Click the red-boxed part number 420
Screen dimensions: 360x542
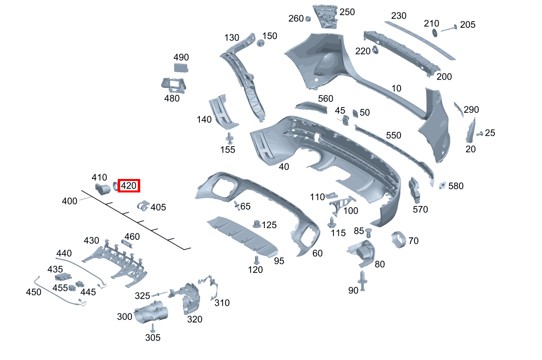pos(129,186)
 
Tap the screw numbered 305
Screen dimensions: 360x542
pos(153,328)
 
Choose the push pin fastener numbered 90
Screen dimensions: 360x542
pos(362,281)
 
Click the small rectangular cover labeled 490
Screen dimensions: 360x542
pos(181,68)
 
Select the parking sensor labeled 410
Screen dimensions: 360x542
pos(103,189)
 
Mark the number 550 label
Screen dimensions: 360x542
pos(394,135)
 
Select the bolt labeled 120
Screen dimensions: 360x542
pos(256,260)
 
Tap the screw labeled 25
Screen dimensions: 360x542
pos(479,133)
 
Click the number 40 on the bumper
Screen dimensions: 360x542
pos(284,166)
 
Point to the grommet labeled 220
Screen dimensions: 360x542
pos(374,51)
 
